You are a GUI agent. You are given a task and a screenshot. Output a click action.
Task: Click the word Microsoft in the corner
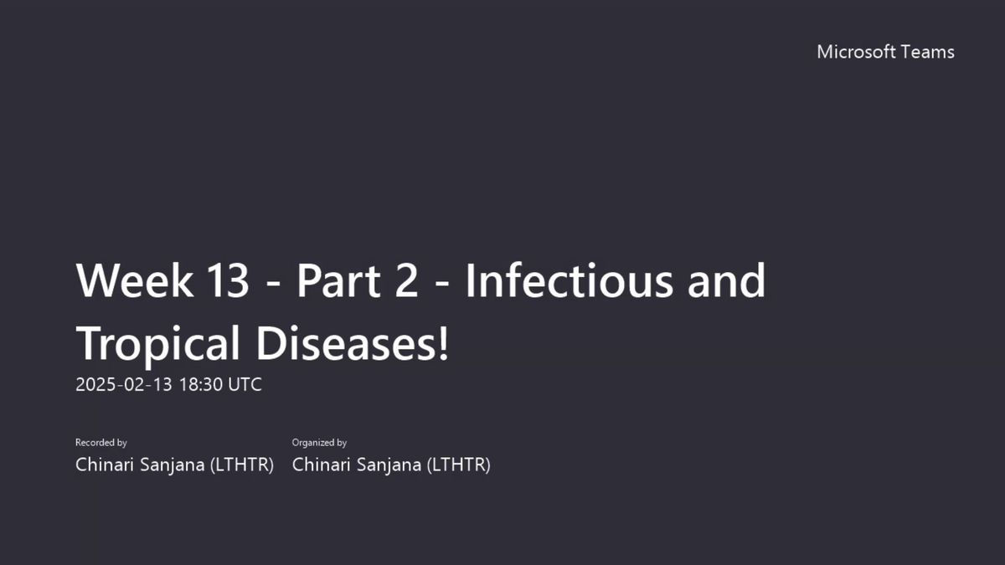[x=856, y=52]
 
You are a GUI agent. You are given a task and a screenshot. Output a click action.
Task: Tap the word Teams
[x=927, y=52]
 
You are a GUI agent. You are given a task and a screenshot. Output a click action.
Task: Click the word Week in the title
[x=135, y=280]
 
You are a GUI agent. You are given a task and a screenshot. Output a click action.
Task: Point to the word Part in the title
[x=338, y=280]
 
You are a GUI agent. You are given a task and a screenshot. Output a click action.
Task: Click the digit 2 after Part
[x=406, y=280]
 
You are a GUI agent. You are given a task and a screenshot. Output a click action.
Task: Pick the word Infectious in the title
[x=569, y=280]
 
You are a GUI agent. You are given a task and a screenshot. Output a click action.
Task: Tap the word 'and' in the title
[x=726, y=280]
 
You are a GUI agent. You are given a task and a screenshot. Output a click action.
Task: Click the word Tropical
[x=157, y=344]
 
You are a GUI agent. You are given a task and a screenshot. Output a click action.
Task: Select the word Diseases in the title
[x=344, y=343]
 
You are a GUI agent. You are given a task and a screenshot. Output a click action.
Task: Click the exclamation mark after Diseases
[x=443, y=343]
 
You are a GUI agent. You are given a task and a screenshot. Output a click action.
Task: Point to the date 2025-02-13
[x=124, y=385]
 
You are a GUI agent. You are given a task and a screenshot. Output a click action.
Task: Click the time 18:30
[x=201, y=385]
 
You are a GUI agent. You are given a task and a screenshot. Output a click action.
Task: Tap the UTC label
[x=245, y=385]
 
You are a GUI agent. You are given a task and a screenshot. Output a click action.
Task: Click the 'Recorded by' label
[x=101, y=443]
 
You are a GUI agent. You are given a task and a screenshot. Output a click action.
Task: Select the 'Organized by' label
[x=319, y=443]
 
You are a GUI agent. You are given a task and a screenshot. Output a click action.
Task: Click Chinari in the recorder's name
[x=105, y=465]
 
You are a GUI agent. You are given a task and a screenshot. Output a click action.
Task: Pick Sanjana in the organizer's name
[x=389, y=465]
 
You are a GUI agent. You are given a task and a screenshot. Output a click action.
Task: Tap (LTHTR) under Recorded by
[x=242, y=465]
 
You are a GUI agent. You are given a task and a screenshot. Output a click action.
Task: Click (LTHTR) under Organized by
[x=459, y=465]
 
